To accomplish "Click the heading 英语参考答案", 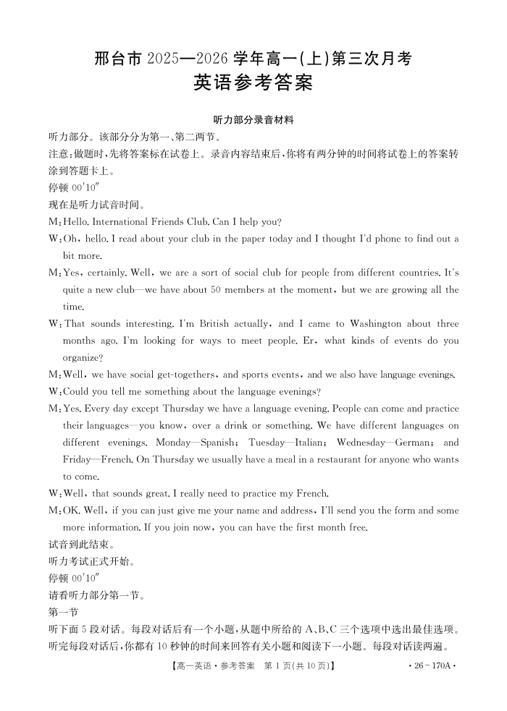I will click(x=253, y=84).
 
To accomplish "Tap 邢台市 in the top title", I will click(x=120, y=58).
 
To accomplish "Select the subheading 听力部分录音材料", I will click(x=253, y=119).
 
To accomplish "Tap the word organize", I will click(x=81, y=357).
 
